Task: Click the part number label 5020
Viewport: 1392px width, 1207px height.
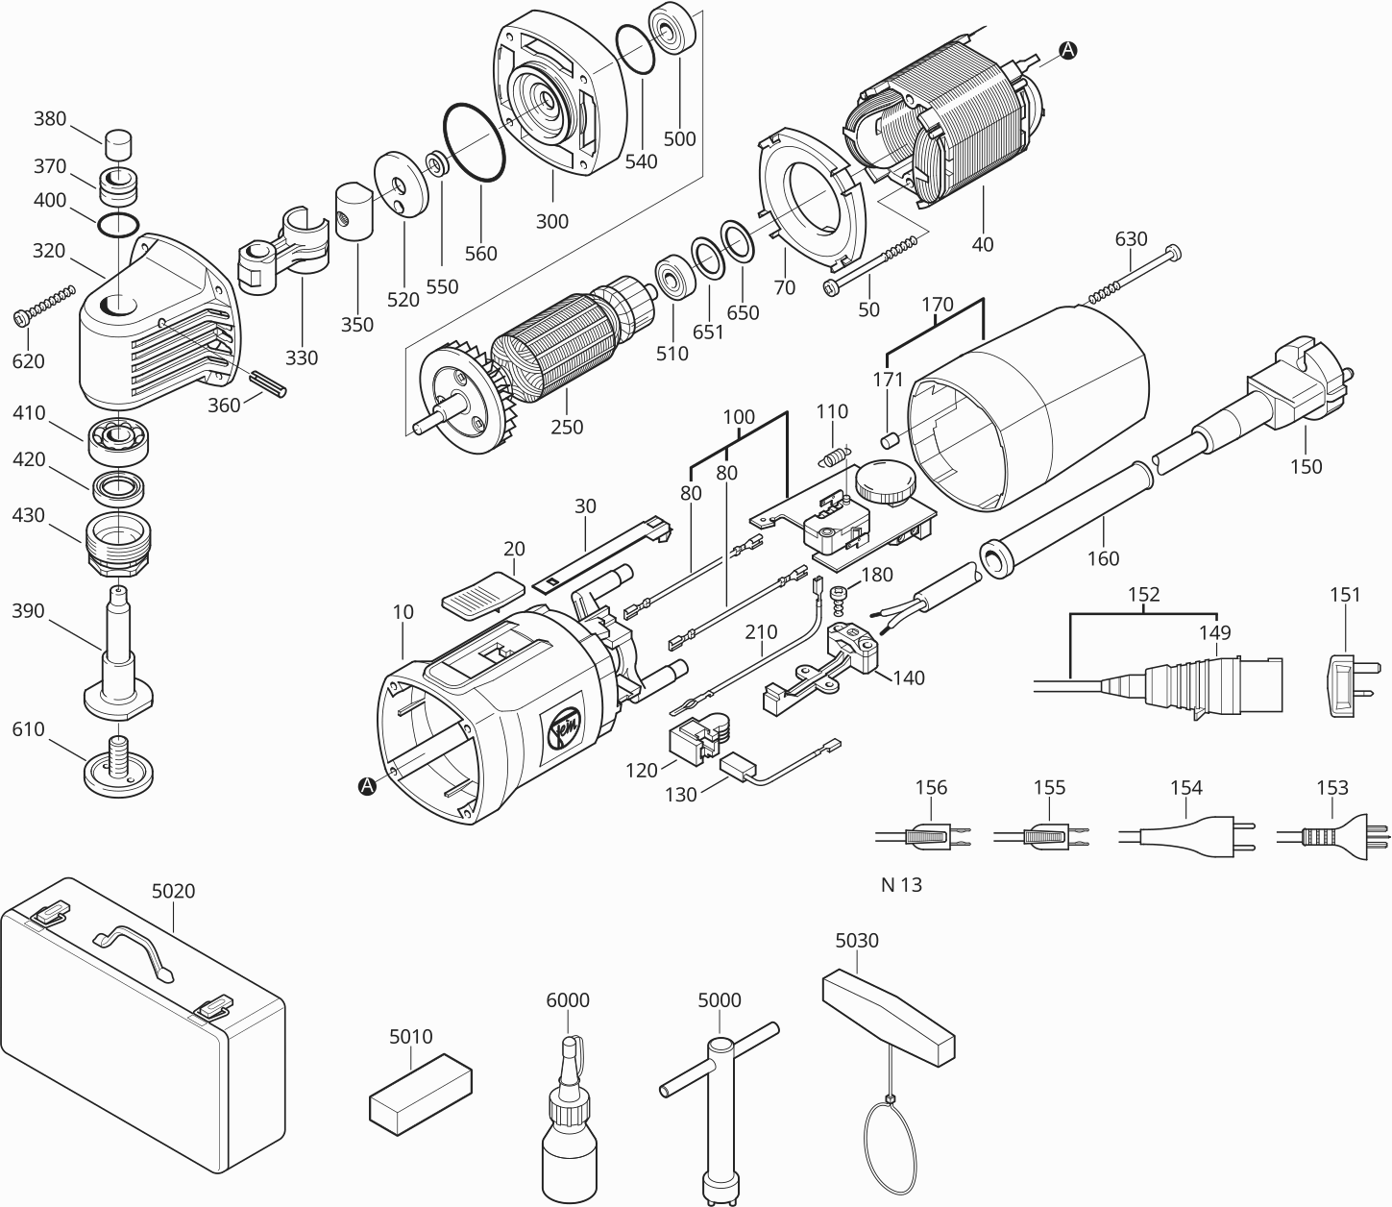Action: click(173, 891)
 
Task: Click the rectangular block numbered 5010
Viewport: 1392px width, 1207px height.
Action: click(421, 1090)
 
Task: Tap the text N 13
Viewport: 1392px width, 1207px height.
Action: click(901, 885)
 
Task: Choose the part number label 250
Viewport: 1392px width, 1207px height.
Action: click(567, 427)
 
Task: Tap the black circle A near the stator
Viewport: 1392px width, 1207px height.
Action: click(1067, 51)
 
